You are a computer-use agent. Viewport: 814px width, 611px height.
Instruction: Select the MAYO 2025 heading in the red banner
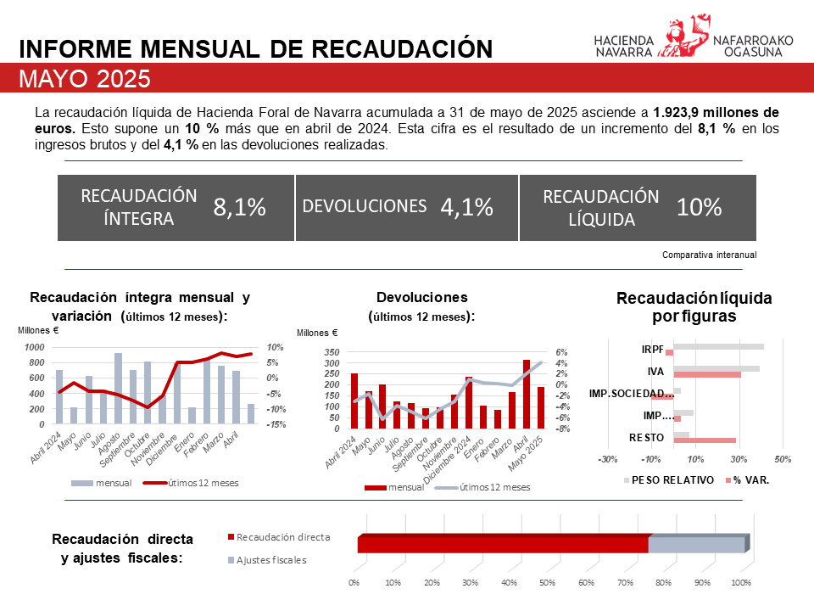click(85, 79)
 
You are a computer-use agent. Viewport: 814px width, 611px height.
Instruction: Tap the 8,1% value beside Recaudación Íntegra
click(240, 207)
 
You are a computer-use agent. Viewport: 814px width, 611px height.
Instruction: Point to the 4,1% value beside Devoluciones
click(466, 207)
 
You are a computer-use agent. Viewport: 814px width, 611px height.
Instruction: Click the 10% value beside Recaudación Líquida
click(699, 207)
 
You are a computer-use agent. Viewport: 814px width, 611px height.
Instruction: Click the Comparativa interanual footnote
click(709, 255)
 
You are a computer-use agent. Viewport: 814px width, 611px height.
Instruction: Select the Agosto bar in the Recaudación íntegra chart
click(118, 389)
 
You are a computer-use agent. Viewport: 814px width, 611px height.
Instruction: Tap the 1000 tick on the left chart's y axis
click(35, 348)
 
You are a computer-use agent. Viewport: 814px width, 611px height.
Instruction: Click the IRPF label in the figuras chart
click(653, 349)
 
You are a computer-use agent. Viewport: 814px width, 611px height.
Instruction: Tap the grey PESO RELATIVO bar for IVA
click(716, 368)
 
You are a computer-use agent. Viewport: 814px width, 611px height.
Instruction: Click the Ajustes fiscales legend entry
click(267, 560)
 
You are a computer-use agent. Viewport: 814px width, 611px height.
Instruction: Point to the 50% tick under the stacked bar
click(548, 583)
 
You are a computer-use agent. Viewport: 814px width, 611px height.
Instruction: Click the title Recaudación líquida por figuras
click(694, 307)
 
